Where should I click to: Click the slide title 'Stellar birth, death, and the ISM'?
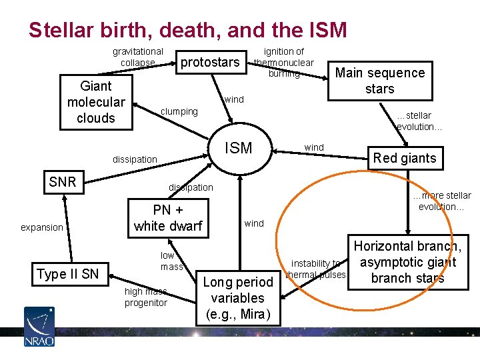pos(187,30)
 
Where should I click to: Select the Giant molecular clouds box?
pos(96,102)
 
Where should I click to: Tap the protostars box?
pos(210,62)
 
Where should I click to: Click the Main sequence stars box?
pos(379,81)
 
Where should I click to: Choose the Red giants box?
pos(405,158)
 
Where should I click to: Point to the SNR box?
pos(63,181)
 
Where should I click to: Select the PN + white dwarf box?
pos(168,218)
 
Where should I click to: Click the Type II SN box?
pos(67,274)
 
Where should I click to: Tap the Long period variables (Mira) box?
pos(238,298)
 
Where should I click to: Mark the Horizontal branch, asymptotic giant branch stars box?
pos(407,262)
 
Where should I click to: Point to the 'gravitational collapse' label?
pos(137,57)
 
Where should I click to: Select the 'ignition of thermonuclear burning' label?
pos(284,62)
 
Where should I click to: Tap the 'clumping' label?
pos(180,111)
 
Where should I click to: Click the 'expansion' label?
pos(41,227)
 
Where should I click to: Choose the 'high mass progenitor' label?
pos(145,297)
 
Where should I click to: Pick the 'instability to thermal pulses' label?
pos(315,269)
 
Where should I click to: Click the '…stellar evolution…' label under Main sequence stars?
pos(419,121)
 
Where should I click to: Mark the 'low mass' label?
pos(171,261)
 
